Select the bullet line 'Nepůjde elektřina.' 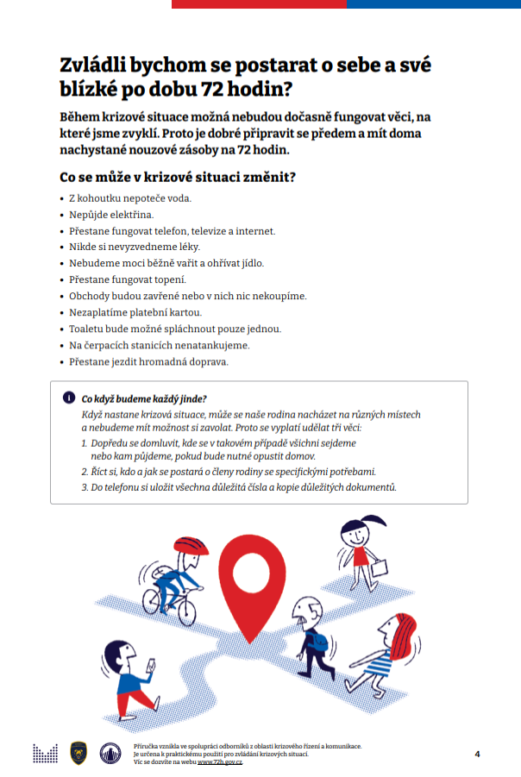tap(111, 214)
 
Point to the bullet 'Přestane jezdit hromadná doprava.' tap(148, 361)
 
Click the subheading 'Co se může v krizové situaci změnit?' tap(178, 178)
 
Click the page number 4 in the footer tap(477, 754)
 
